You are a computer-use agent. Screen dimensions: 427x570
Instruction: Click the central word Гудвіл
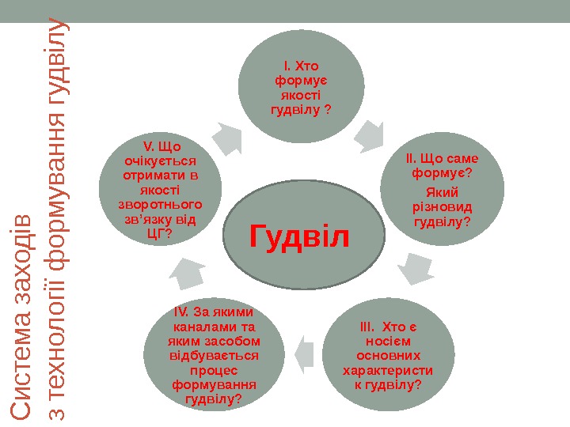[299, 235]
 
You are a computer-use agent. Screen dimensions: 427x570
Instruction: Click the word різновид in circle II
[442, 207]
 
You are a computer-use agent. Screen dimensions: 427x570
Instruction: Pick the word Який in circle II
[442, 193]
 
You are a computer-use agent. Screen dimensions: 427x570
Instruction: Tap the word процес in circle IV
[213, 370]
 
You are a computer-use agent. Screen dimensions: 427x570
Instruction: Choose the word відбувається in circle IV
[213, 356]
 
